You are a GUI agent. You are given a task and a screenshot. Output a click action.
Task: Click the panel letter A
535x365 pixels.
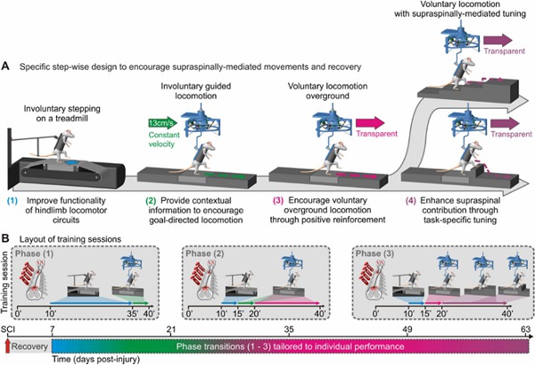click(6, 66)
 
